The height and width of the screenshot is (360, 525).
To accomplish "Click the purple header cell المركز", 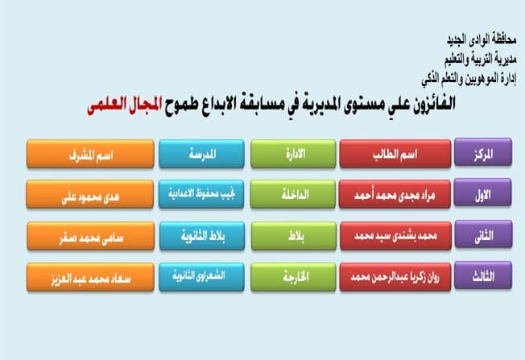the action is click(x=483, y=152).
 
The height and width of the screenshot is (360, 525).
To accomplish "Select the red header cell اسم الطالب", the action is click(x=395, y=154).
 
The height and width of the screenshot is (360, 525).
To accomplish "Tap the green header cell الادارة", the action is click(x=293, y=154).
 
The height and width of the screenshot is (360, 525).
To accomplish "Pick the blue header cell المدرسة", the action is click(x=201, y=154).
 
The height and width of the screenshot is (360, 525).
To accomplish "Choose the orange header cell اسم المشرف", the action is click(x=90, y=154).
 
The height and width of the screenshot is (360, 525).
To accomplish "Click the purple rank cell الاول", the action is click(x=483, y=192).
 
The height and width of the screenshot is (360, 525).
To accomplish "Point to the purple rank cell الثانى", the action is click(x=483, y=234).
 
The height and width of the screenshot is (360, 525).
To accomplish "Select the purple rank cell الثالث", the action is click(x=483, y=275).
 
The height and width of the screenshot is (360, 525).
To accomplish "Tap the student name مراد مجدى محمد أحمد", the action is click(x=395, y=194).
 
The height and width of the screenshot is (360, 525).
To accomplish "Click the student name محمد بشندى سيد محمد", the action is click(x=395, y=236).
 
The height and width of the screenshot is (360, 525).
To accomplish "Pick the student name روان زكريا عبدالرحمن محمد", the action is click(x=395, y=277).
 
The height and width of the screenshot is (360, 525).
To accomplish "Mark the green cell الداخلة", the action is click(x=292, y=194).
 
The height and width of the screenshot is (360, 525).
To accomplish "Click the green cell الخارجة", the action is click(x=293, y=277).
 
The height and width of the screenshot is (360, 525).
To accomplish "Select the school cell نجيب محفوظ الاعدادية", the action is click(x=201, y=194).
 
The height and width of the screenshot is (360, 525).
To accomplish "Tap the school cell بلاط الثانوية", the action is click(x=202, y=236).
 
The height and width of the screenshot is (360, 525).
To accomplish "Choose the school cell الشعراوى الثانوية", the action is click(x=201, y=277).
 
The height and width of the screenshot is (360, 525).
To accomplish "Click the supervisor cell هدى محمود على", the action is click(x=90, y=194).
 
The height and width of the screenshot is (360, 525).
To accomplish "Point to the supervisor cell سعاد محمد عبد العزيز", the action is click(x=90, y=277).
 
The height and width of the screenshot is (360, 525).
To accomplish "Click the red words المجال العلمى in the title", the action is click(x=125, y=105).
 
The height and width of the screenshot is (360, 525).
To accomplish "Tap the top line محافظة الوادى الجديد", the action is click(x=482, y=39).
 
